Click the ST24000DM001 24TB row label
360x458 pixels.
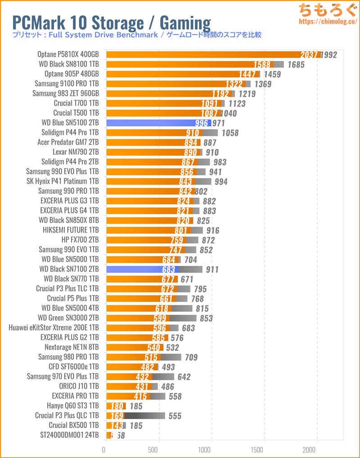[x=69, y=436]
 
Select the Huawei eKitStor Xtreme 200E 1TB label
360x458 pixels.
[x=54, y=328]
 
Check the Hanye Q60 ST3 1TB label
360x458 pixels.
[x=72, y=406]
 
